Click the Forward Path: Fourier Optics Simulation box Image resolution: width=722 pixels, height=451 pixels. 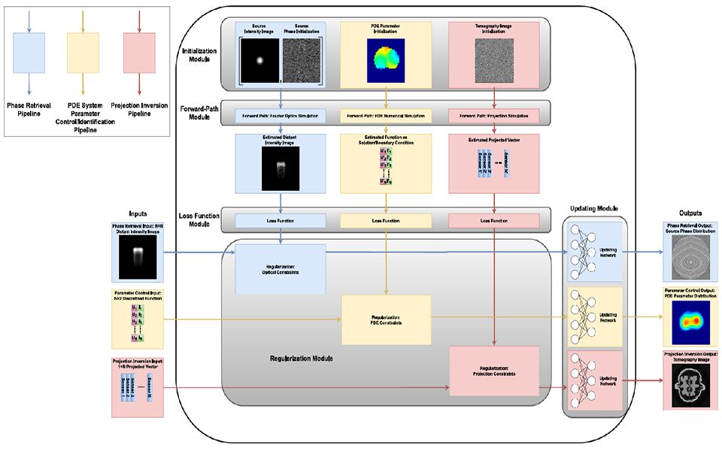point(281,116)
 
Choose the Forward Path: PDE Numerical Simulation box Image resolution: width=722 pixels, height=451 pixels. point(386,116)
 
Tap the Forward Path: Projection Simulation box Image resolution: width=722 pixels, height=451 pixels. point(493,116)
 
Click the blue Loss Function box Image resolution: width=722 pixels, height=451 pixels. point(281,221)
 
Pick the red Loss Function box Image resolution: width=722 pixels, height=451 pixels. point(493,221)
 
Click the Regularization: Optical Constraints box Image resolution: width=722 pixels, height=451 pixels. point(281,268)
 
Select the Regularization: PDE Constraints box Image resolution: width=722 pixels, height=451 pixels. point(386,319)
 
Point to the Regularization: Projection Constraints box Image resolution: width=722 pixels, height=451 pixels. point(493,370)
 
